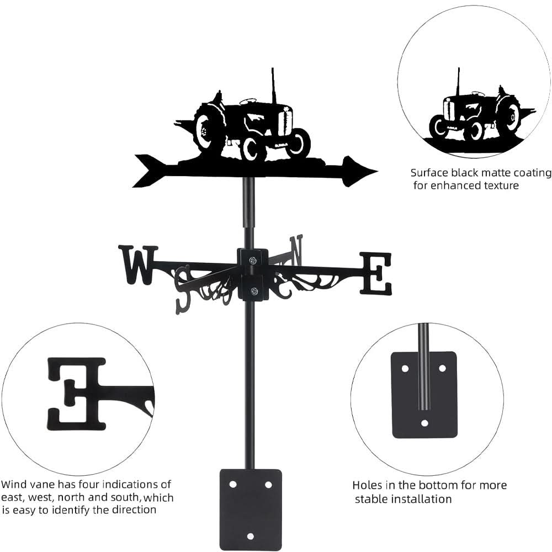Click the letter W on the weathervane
pyautogui.click(x=138, y=265)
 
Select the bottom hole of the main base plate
pyautogui.click(x=251, y=536)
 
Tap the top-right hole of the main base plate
pyautogui.click(x=268, y=484)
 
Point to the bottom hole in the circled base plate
pyautogui.click(x=424, y=423)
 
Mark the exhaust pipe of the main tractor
pyautogui.click(x=273, y=86)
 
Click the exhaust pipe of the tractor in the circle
pyautogui.click(x=458, y=81)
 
